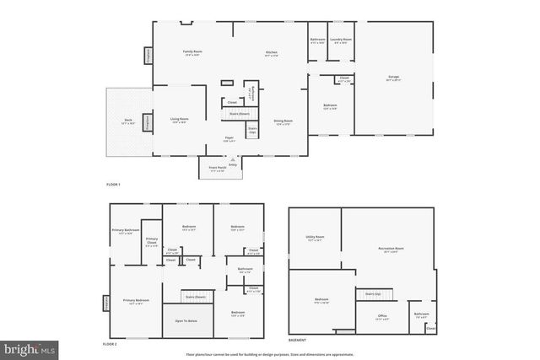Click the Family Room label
point(192,52)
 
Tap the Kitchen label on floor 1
point(272,52)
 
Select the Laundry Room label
point(341,40)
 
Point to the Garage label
point(393,78)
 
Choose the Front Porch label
point(217,169)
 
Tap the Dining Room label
point(283,122)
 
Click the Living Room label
point(179,120)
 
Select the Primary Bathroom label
point(125,232)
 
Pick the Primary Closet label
point(152,241)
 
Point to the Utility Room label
point(315,239)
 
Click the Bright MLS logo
point(30,347)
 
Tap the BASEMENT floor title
point(297,341)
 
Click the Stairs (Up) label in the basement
point(373,293)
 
